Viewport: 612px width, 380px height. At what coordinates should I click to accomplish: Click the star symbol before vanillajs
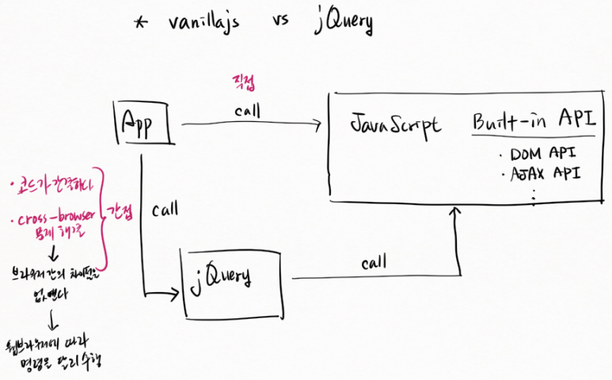tap(140, 24)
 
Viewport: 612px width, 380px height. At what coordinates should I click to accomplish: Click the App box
tap(144, 123)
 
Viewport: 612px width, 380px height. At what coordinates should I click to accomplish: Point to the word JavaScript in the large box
tap(396, 126)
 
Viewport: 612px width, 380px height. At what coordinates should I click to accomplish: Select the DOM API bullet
tap(542, 153)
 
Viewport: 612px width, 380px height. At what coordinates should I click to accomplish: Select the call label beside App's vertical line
tap(165, 211)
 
